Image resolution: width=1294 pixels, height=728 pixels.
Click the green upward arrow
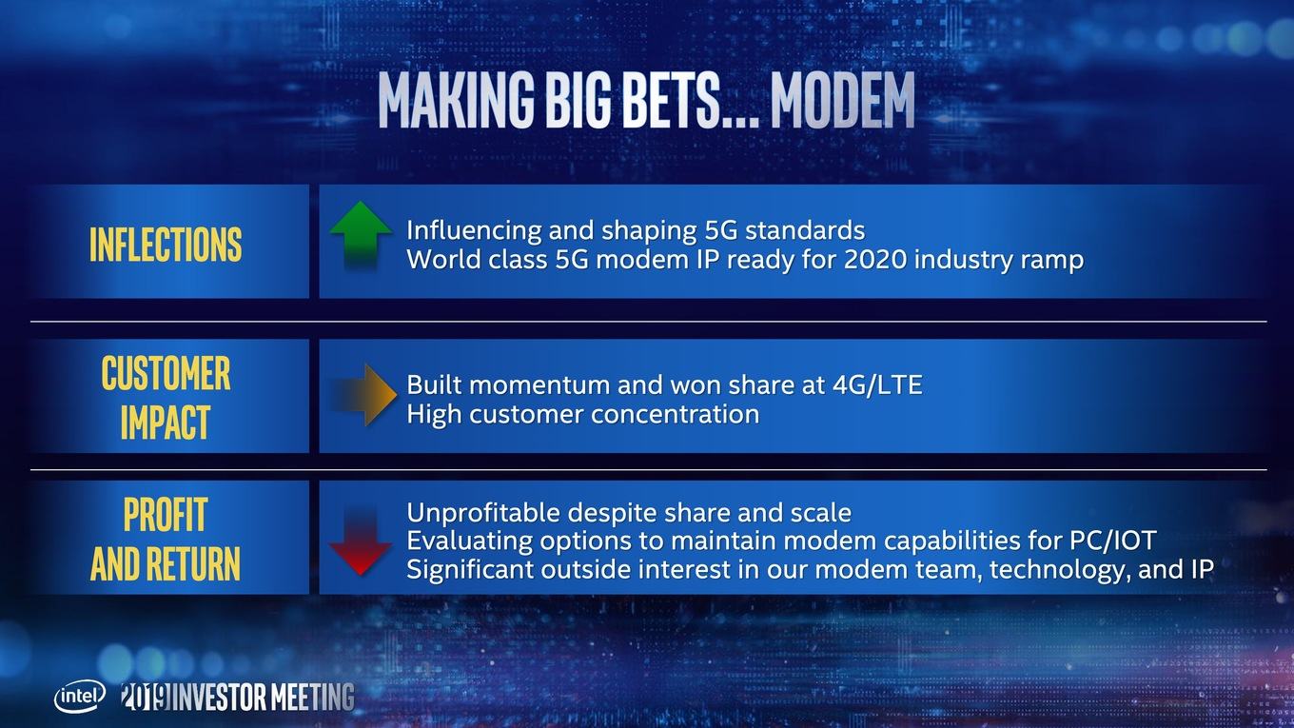click(x=361, y=234)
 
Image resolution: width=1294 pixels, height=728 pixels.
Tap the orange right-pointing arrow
click(x=363, y=395)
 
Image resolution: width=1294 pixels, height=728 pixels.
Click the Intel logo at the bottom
click(x=80, y=697)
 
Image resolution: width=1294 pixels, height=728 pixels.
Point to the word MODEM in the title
click(x=843, y=100)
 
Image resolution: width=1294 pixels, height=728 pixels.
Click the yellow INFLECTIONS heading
click(x=166, y=245)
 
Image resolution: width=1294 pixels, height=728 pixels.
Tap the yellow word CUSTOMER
click(x=166, y=373)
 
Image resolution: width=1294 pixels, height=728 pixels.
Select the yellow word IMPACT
click(x=166, y=422)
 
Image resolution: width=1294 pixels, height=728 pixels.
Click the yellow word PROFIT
click(x=166, y=514)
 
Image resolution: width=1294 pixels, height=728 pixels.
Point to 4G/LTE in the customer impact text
click(x=877, y=384)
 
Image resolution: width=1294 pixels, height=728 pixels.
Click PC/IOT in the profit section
click(x=1112, y=541)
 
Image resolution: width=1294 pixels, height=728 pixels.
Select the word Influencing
click(x=473, y=230)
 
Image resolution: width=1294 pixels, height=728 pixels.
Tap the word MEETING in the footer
click(x=312, y=698)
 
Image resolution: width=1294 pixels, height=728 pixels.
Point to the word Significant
click(x=469, y=570)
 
